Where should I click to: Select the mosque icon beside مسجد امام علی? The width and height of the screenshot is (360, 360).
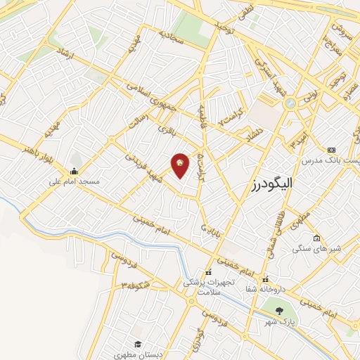click(x=74, y=172)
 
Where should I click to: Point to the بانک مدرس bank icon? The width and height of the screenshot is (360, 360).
click(x=332, y=150)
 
